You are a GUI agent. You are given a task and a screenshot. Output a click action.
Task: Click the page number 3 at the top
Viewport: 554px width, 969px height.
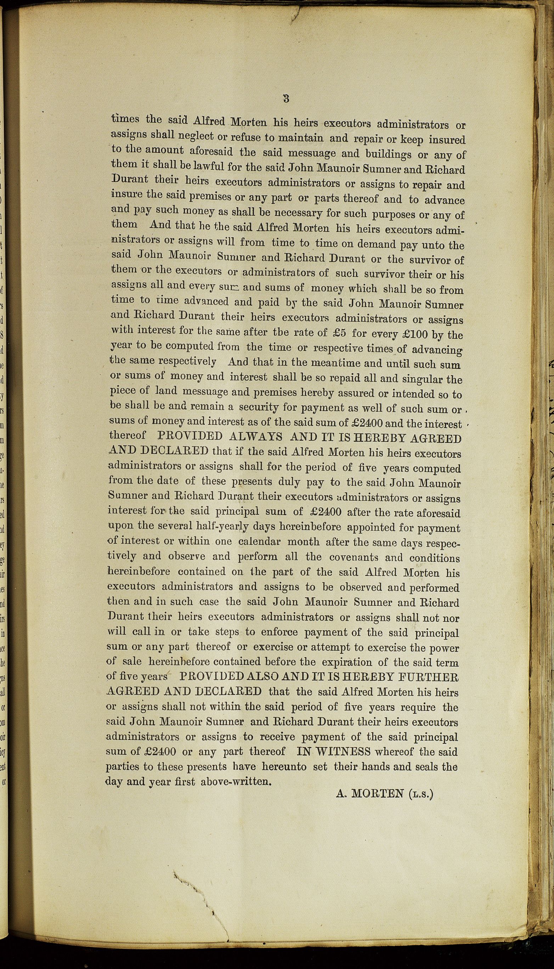click(286, 98)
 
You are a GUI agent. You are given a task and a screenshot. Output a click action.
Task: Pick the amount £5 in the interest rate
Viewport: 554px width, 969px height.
click(339, 333)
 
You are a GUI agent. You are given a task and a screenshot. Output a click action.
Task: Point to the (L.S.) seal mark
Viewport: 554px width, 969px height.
click(421, 794)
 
